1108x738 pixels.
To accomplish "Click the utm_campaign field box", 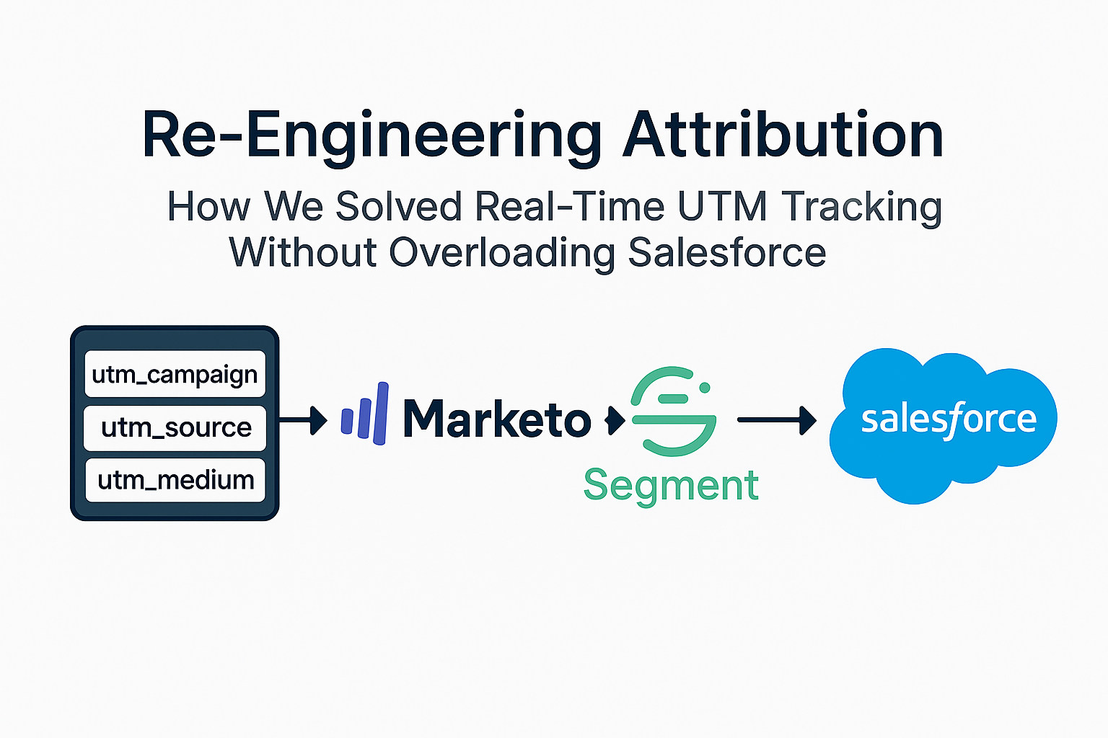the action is coord(175,374).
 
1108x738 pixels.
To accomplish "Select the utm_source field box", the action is coord(175,427).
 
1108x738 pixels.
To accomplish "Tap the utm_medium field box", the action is coord(175,480).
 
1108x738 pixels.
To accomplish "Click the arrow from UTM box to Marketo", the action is coord(304,419).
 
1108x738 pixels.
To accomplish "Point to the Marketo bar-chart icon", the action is coord(365,415).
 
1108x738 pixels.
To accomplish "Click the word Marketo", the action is coord(497,419).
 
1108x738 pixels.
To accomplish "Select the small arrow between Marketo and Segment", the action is coord(615,419).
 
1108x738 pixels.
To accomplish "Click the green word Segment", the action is coord(671,485).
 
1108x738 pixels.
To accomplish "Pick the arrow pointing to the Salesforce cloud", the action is coord(777,419).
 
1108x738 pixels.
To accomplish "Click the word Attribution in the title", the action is coord(783,135).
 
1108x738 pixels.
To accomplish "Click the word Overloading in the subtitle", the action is coord(502,254).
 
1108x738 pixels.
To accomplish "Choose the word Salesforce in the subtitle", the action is coord(727,252).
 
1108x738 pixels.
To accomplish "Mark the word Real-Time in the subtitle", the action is coord(570,207).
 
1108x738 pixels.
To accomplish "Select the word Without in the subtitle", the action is coord(303,252).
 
